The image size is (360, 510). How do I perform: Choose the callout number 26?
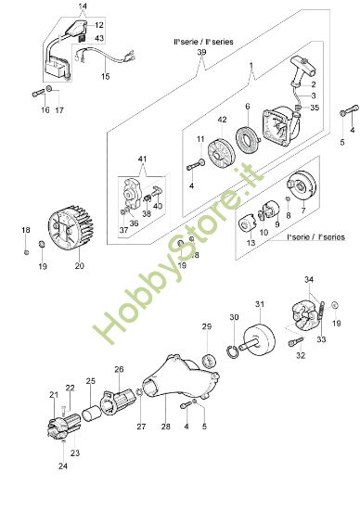click(119, 369)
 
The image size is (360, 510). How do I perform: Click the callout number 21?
click(52, 395)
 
